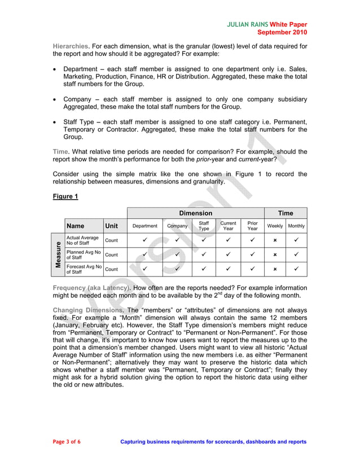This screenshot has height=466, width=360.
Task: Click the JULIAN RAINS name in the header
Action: [247, 25]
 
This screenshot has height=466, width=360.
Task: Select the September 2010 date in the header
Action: [282, 32]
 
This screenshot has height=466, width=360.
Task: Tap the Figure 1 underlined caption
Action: [65, 196]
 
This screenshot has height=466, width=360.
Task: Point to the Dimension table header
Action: [195, 213]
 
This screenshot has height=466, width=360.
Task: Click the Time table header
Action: [286, 213]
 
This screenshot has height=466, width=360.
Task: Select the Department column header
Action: [145, 226]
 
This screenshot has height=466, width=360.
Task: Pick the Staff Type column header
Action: [204, 226]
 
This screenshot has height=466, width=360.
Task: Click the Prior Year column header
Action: [252, 226]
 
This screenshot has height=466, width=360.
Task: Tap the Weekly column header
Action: [275, 226]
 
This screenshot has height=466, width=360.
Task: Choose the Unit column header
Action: [112, 226]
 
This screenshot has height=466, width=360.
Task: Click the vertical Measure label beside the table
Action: [58, 255]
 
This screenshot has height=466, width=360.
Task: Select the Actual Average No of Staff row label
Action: [82, 240]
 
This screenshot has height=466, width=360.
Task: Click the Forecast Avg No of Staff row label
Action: [84, 269]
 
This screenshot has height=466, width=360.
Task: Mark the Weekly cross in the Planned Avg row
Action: [275, 255]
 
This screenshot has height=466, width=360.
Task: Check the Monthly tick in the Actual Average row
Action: [296, 240]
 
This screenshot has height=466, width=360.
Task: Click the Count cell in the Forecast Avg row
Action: [112, 269]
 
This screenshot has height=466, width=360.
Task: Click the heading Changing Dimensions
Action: [88, 310]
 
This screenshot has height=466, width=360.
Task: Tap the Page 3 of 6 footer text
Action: [67, 442]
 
